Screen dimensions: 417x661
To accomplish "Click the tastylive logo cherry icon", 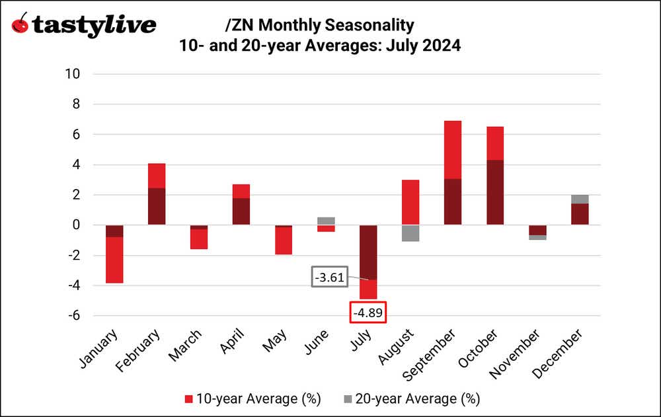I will click(x=20, y=24).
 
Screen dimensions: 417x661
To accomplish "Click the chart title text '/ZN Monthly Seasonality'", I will click(x=320, y=25).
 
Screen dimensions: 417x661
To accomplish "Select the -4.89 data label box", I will click(x=368, y=313).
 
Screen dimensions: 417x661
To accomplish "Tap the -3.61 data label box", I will click(x=329, y=277).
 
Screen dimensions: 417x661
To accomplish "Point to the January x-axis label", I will click(x=100, y=348).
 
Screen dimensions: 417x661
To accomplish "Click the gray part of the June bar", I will click(x=326, y=221).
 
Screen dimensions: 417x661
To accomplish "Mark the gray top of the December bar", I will click(x=579, y=199).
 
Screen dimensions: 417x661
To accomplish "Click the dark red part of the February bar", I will click(x=156, y=206).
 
